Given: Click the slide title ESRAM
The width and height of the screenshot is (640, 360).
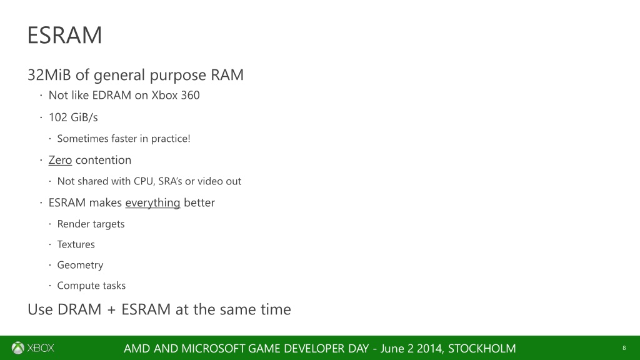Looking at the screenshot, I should [x=64, y=36].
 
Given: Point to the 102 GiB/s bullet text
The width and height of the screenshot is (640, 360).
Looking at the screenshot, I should [x=73, y=117].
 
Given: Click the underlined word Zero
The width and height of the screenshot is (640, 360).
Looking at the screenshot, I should [x=60, y=160].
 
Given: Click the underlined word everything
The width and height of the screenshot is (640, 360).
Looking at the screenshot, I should [x=152, y=202].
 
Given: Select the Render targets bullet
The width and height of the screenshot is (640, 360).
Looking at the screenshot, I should [x=91, y=224].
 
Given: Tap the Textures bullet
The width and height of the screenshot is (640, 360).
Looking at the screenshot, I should [x=76, y=244].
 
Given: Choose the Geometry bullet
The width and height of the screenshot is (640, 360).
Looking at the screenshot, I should [x=80, y=265].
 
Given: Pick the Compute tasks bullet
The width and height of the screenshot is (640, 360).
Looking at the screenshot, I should [x=91, y=286].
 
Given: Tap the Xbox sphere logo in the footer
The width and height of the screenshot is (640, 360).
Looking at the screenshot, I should [x=18, y=348].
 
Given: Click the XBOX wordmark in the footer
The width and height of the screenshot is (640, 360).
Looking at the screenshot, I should [x=41, y=348].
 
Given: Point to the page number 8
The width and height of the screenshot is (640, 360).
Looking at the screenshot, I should [x=624, y=348].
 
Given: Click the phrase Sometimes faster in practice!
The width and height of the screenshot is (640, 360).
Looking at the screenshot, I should [x=123, y=139].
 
